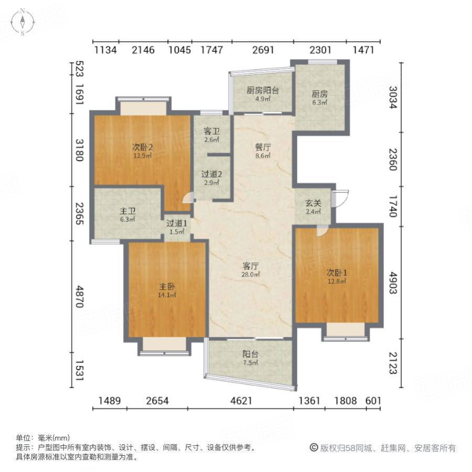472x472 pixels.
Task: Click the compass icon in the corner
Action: click(23, 23)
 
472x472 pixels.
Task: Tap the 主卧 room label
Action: click(167, 287)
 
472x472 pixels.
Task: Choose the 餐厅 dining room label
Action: click(262, 147)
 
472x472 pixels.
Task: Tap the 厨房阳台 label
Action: click(262, 90)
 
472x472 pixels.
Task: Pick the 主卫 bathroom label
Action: click(128, 211)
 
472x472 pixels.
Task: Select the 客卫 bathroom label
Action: click(211, 132)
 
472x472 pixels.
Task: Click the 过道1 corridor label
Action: click(176, 223)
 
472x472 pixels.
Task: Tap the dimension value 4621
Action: click(241, 401)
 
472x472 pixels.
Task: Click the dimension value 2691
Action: click(263, 50)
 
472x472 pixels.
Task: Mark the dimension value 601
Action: click(373, 401)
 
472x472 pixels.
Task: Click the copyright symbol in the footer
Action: click(314, 448)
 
